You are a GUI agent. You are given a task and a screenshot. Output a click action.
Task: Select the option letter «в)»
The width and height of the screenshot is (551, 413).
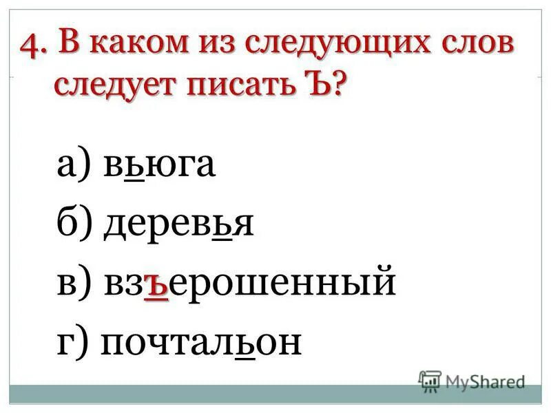[73, 283]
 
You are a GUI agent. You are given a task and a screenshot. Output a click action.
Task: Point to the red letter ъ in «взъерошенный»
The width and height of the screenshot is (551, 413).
[156, 283]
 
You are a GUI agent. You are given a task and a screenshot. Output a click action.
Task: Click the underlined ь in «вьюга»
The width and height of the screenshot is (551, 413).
[135, 167]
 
